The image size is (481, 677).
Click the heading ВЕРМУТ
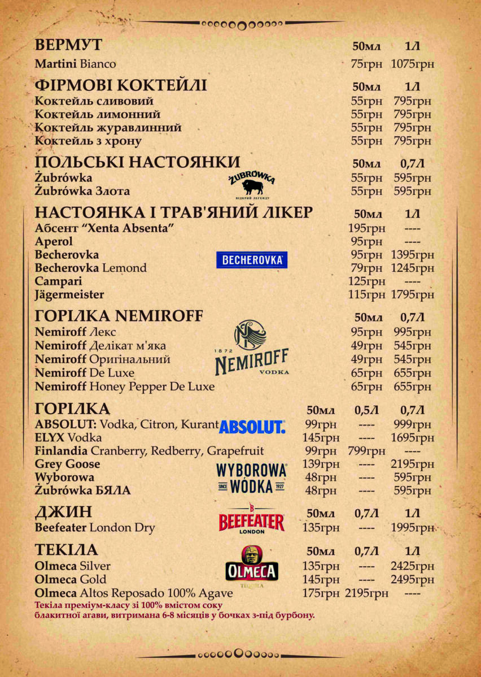(68, 46)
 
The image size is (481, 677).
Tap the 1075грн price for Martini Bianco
(412, 64)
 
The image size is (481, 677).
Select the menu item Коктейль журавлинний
(108, 128)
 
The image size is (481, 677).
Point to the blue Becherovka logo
(252, 260)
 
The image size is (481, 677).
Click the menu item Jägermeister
(69, 294)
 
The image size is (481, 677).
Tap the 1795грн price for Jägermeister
(412, 294)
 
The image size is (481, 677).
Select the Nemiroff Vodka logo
(252, 348)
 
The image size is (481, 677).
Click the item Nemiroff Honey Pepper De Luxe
(125, 387)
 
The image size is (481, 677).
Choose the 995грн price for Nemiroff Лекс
(412, 332)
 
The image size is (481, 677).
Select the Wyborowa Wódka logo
(252, 478)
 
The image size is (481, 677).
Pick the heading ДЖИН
(63, 513)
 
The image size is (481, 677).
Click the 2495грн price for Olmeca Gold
(412, 579)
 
